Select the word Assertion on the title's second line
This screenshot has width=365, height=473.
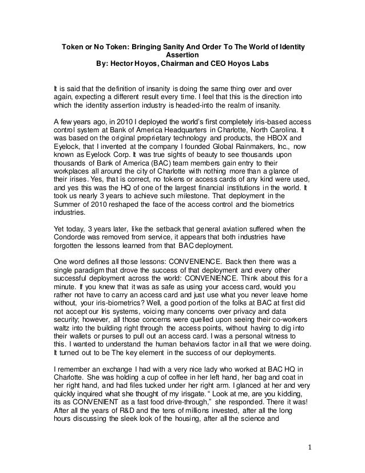pos(182,55)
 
